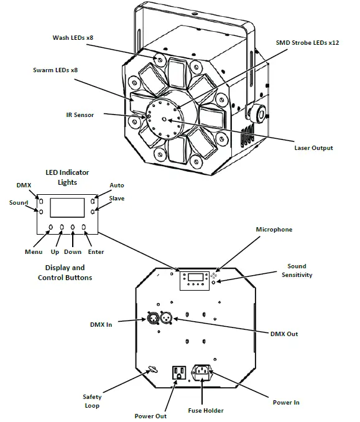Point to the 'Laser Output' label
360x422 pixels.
[x=313, y=148]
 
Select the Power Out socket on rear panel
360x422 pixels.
[x=178, y=372]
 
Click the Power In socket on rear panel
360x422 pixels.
[x=203, y=372]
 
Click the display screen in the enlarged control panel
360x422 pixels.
[x=67, y=207]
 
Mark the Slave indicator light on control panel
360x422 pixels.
[x=92, y=212]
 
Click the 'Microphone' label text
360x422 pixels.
[x=274, y=230]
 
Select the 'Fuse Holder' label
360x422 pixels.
[x=205, y=410]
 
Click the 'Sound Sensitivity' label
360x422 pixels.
[x=297, y=270]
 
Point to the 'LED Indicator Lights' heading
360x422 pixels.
[x=67, y=177]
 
